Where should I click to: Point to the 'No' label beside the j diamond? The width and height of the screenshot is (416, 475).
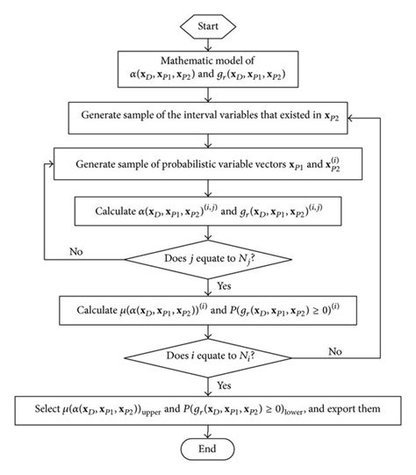click(75, 252)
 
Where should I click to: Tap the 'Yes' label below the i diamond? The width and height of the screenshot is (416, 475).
click(224, 384)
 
